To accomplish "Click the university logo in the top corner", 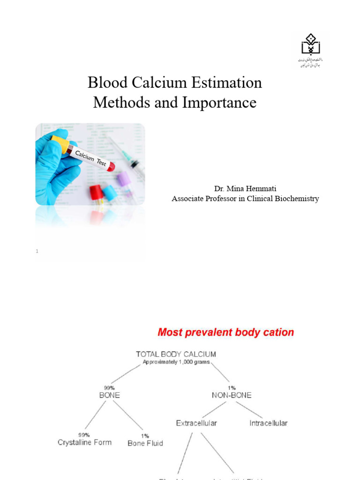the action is [310, 49].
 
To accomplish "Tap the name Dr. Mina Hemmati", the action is [245, 188].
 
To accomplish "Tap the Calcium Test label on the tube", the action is [92, 157].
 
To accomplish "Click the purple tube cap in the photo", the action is [123, 179].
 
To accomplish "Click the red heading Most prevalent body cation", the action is [226, 332].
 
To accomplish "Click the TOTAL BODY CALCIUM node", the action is [176, 354].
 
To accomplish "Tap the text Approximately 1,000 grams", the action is [176, 362].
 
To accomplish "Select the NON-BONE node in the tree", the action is [232, 395].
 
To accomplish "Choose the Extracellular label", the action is [196, 423].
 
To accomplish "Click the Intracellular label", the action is [269, 423].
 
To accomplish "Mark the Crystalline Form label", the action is [84, 442].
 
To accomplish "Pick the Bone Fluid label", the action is [145, 443].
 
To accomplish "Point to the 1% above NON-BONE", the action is [231, 388].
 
